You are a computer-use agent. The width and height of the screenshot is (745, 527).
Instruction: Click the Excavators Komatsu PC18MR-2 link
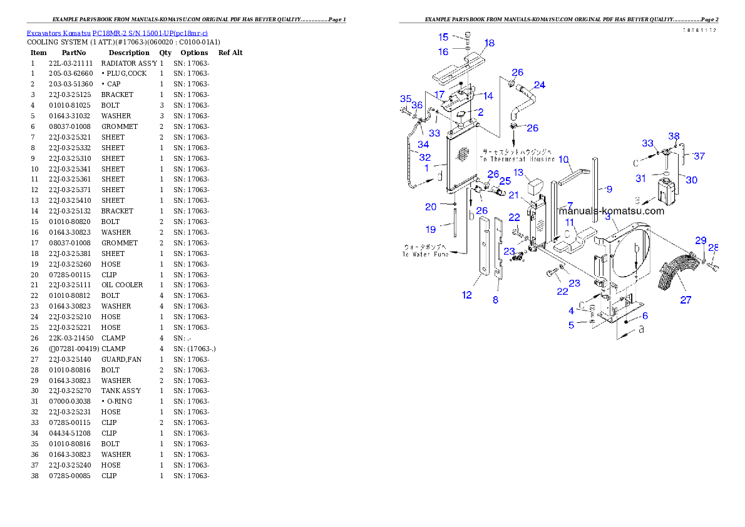pos(117,33)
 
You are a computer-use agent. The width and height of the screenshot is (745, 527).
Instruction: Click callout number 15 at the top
pos(443,37)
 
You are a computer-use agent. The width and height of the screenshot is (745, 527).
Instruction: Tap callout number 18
pos(490,43)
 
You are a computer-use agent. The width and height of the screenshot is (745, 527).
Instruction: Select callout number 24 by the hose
pos(539,84)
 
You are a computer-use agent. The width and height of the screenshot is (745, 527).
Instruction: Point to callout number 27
pos(686,300)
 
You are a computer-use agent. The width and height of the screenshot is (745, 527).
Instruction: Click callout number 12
pos(467,295)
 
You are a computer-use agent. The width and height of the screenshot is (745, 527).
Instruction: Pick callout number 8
pos(495,300)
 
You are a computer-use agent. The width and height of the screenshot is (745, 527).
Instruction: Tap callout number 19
pos(431,230)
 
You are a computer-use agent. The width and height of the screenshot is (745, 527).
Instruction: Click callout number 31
pos(640,178)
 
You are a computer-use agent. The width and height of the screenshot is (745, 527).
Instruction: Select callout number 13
pos(518,172)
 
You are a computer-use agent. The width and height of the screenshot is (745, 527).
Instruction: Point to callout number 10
pos(563,159)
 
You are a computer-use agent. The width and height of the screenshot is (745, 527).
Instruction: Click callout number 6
pos(645,316)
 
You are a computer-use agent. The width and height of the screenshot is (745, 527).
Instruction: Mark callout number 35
pos(406,99)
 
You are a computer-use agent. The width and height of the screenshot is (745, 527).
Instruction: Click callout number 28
pos(713,248)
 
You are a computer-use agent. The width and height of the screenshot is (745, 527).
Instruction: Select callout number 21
pos(513,195)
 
